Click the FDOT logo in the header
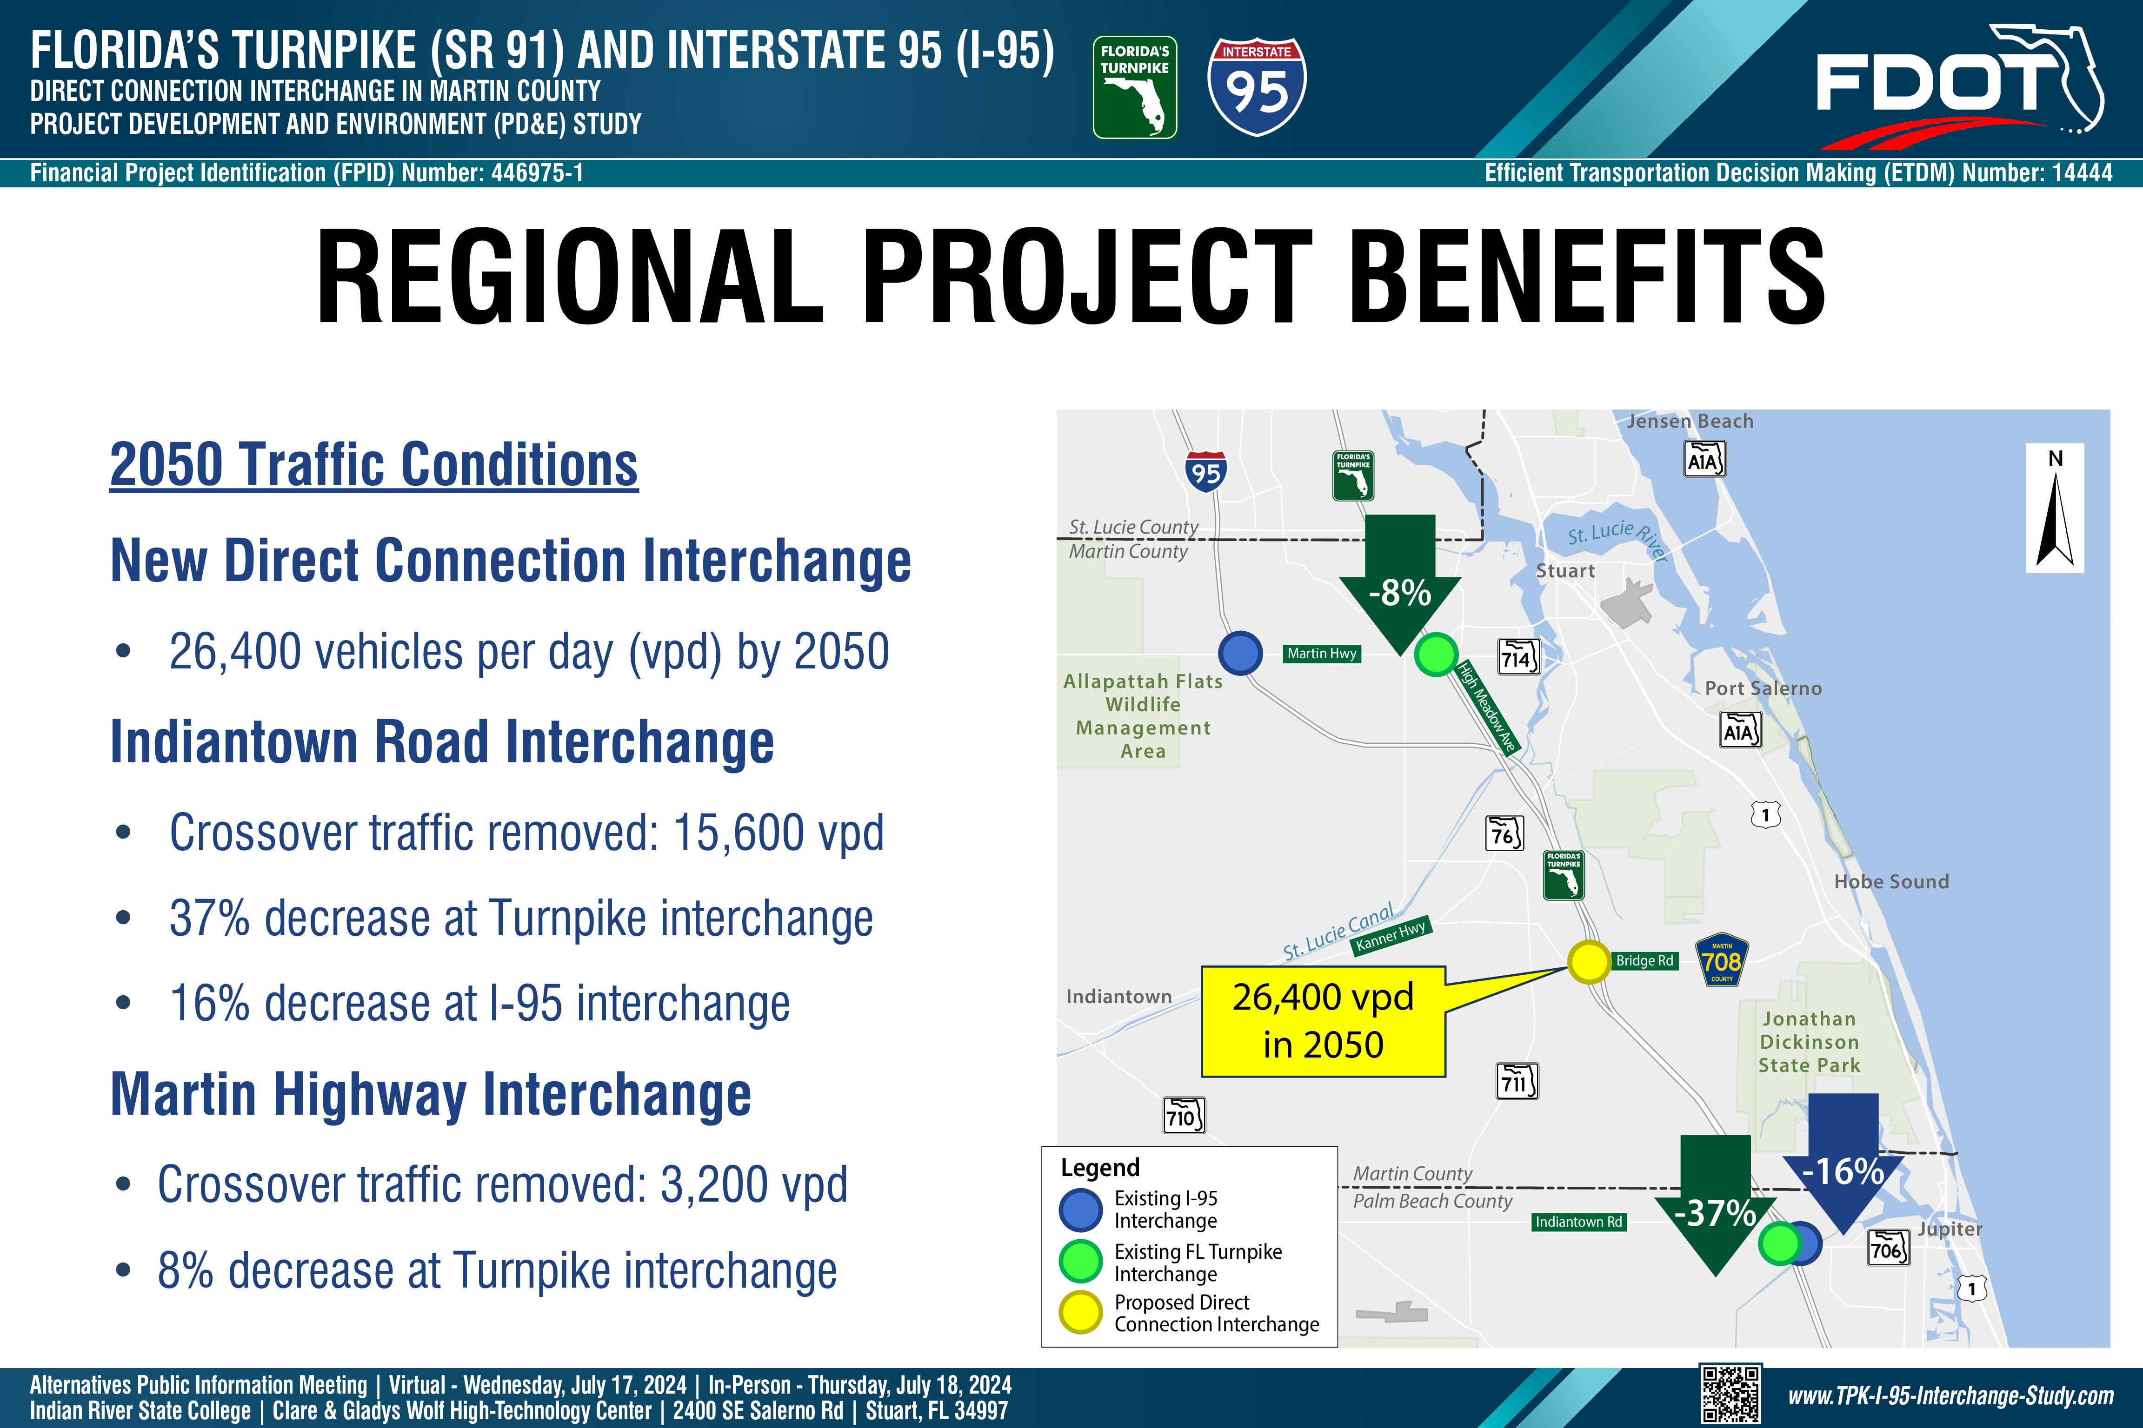tap(1959, 86)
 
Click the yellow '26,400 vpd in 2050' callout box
tap(1323, 1021)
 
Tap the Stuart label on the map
tap(1565, 571)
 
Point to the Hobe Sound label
tap(1891, 881)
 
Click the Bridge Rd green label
tap(1644, 961)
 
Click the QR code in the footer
tap(1730, 1394)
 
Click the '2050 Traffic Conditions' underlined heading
tap(373, 465)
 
